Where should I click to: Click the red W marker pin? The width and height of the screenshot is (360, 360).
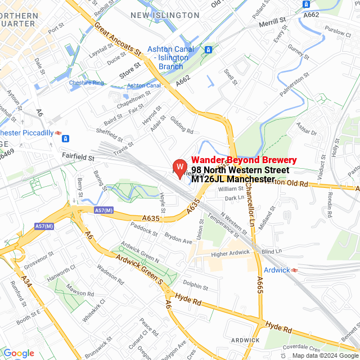click(x=179, y=168)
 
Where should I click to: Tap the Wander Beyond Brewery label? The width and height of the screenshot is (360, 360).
click(x=244, y=160)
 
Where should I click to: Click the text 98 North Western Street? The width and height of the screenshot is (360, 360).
click(x=240, y=170)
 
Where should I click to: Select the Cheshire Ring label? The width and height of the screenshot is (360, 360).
click(x=87, y=83)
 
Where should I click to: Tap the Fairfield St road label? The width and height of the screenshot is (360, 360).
click(x=78, y=159)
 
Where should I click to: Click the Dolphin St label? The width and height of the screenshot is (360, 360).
click(x=196, y=286)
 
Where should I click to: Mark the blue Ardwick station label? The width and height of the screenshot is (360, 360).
click(x=277, y=270)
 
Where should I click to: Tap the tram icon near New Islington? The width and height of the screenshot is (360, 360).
click(x=209, y=49)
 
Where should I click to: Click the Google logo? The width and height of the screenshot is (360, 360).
click(x=19, y=353)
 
